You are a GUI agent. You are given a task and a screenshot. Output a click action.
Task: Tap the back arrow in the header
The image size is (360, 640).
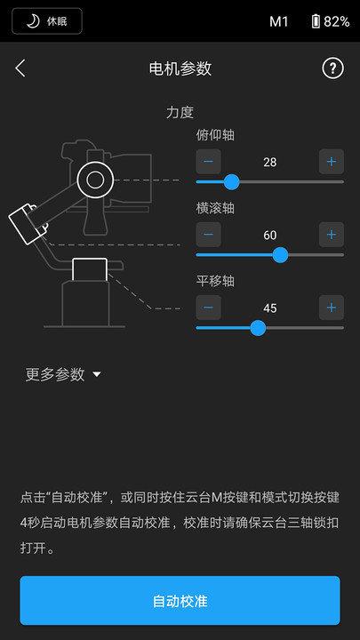point(20,68)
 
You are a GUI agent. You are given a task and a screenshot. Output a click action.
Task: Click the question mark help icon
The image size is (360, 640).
point(332,68)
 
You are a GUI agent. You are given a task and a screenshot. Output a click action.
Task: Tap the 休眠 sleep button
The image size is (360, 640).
point(47,20)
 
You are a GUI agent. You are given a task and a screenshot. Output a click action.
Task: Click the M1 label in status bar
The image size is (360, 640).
point(279,21)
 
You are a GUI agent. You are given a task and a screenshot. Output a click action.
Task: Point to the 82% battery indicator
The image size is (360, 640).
point(330,21)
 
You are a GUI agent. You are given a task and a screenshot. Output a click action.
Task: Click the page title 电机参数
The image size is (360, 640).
point(180,68)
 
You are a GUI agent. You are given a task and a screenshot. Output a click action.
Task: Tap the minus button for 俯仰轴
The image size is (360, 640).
point(208,162)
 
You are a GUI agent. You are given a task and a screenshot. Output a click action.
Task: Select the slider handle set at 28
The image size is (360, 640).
point(231,181)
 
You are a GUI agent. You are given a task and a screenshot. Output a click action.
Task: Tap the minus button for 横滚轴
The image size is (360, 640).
point(208,235)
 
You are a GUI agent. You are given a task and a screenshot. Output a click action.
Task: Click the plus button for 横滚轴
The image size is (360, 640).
point(331,235)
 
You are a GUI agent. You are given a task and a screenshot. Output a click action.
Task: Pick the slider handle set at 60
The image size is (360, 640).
point(280,254)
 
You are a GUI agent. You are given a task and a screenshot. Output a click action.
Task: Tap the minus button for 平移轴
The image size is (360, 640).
point(208,308)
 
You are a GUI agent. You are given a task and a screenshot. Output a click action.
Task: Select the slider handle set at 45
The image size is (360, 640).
point(258,327)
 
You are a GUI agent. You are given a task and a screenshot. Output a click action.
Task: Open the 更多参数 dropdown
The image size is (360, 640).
point(63,374)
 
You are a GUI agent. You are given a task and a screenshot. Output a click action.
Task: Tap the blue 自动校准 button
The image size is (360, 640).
point(180,601)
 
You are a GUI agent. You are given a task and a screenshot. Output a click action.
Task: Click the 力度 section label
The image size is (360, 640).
point(180,113)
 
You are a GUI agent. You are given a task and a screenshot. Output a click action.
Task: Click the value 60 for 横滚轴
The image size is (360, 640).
point(270,235)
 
